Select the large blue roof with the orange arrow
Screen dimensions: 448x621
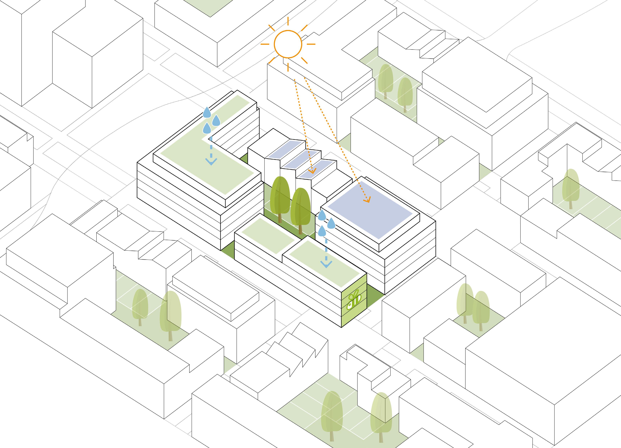(x=370, y=209)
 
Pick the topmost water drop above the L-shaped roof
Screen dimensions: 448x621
(x=207, y=112)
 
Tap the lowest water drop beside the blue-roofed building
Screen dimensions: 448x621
(x=322, y=231)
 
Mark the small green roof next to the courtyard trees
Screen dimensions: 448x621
(x=268, y=237)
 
